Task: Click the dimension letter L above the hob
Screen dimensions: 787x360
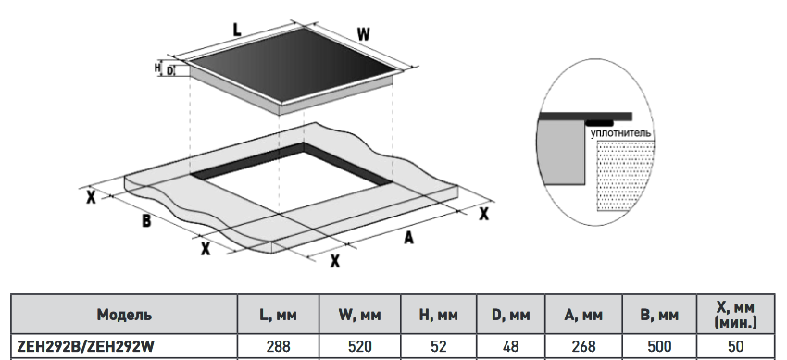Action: click(x=237, y=30)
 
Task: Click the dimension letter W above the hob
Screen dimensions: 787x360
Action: click(x=364, y=34)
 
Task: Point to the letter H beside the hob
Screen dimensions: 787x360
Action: click(x=157, y=67)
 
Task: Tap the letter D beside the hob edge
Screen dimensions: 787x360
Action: click(x=169, y=71)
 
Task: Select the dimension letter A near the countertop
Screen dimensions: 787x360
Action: click(x=409, y=237)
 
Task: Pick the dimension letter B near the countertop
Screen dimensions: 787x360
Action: click(x=146, y=220)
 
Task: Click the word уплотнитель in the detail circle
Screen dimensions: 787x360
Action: click(x=620, y=133)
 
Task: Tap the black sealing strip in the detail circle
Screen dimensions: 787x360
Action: click(x=599, y=123)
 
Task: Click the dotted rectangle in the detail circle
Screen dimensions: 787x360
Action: click(x=625, y=176)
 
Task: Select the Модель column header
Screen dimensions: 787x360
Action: click(x=124, y=315)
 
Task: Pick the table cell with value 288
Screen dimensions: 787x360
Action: click(x=278, y=346)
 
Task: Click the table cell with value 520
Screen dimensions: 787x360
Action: click(x=360, y=346)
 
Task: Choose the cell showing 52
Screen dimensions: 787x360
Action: click(x=439, y=346)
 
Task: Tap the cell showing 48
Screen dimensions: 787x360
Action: click(x=510, y=346)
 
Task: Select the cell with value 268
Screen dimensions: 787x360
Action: click(x=583, y=346)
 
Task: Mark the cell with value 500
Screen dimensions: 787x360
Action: click(x=659, y=346)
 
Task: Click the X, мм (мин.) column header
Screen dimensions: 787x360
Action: click(x=735, y=315)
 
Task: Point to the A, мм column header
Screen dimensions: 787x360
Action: click(x=583, y=315)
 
